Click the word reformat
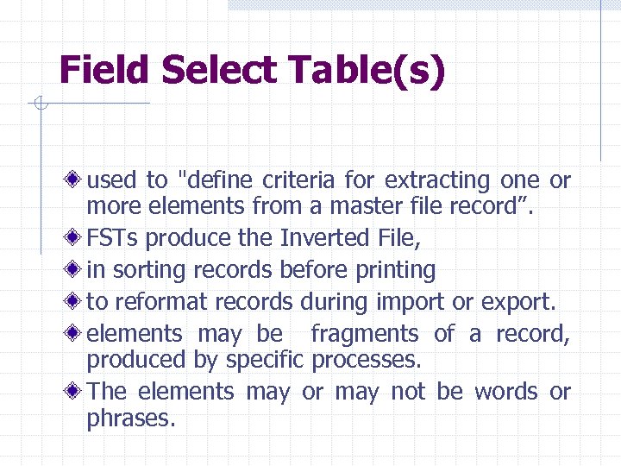[158, 302]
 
